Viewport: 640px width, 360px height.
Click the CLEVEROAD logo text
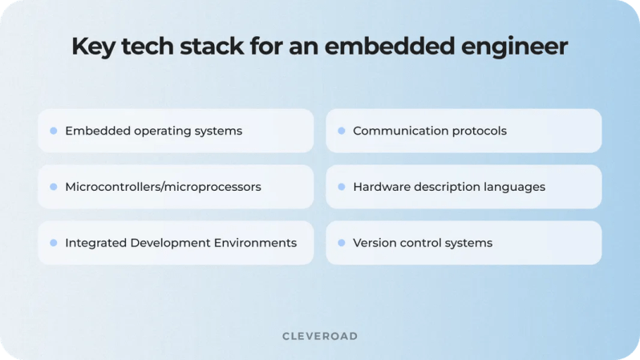320,336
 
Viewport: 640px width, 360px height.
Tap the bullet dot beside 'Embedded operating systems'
54,131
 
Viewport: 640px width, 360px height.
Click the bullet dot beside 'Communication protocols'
342,131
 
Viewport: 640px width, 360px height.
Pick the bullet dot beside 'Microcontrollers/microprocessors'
54,187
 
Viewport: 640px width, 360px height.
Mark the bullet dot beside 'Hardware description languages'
342,187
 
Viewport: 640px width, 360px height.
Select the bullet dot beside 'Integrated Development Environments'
54,243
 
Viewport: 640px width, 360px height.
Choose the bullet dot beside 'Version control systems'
342,243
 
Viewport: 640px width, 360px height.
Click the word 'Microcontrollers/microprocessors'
163,187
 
